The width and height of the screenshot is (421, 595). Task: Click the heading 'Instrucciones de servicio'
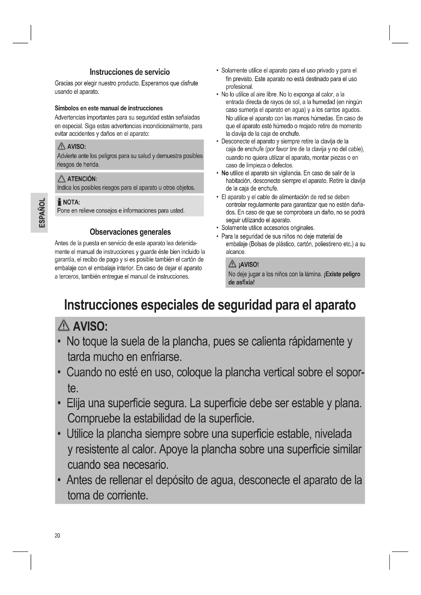tap(130, 72)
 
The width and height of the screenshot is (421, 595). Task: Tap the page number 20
tap(57, 535)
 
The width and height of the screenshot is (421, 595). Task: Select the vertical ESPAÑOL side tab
tap(39, 213)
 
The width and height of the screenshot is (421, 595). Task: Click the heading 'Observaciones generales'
tap(130, 232)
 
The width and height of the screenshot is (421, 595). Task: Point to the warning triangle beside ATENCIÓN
tap(61, 179)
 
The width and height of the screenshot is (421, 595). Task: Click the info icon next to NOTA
tap(59, 202)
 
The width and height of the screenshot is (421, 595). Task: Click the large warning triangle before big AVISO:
tap(64, 326)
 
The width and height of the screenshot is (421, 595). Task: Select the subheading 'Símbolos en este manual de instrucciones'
tap(109, 108)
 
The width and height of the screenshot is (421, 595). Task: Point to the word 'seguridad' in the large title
tap(245, 305)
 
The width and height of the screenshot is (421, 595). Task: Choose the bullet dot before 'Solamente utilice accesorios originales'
tap(217, 228)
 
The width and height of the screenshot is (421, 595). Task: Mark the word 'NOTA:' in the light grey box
tap(71, 202)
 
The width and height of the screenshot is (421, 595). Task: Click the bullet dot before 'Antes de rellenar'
tap(59, 481)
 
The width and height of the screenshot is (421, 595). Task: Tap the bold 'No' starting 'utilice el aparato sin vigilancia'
tap(225, 173)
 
